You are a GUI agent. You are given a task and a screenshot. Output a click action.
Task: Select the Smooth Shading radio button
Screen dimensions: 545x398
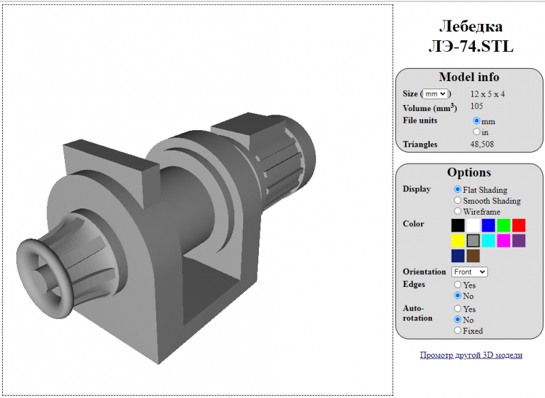tap(457, 200)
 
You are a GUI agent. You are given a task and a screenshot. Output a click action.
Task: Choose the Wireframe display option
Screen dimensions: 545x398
tap(457, 211)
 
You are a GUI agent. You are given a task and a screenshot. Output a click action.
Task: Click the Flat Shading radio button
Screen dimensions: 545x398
tap(457, 189)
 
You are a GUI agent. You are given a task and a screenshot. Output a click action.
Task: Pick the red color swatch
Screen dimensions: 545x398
tap(518, 226)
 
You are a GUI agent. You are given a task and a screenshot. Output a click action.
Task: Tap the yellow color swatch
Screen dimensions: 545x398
tap(458, 241)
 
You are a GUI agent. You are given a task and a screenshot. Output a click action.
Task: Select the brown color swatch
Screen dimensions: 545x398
tap(473, 256)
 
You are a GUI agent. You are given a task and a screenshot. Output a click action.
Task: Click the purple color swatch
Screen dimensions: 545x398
tap(518, 241)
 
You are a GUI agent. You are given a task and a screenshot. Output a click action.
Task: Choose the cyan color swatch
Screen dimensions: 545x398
tap(488, 241)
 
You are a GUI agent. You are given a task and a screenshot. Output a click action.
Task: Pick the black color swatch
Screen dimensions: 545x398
tap(458, 226)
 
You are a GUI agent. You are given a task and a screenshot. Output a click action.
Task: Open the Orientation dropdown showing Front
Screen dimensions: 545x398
tap(469, 272)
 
